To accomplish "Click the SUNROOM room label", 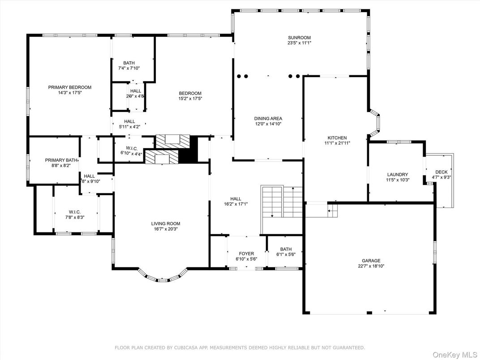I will [x=299, y=38].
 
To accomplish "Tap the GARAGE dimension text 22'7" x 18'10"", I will [x=371, y=266].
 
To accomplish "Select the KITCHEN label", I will [x=337, y=138].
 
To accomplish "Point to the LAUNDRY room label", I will [x=397, y=175].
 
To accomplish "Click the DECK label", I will [x=441, y=172].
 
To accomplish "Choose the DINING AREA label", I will [x=268, y=119].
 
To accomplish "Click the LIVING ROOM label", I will [x=165, y=224].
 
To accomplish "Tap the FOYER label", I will [x=246, y=254].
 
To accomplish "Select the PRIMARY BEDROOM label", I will [x=70, y=87].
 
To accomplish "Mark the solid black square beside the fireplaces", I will [x=188, y=150].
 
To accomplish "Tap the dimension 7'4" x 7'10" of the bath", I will [x=129, y=69].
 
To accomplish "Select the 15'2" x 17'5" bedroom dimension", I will [x=190, y=99].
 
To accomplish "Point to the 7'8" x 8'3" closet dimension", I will [x=74, y=217].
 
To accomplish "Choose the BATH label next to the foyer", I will [x=286, y=249].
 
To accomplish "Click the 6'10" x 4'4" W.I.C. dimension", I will [x=131, y=154].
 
